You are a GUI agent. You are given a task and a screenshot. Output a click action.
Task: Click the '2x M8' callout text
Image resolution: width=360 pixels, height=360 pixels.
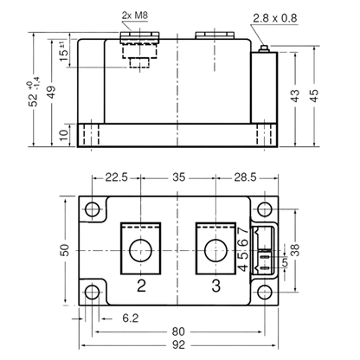(x=135, y=16)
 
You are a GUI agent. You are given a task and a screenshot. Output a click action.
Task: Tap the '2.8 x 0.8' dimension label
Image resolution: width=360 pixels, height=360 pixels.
(x=275, y=18)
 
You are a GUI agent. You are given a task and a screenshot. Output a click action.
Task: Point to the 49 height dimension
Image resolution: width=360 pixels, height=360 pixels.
(x=51, y=93)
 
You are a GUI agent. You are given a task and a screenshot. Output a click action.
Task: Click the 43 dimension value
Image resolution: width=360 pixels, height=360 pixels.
(x=295, y=96)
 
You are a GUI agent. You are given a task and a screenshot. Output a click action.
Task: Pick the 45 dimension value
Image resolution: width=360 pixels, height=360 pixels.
(x=314, y=95)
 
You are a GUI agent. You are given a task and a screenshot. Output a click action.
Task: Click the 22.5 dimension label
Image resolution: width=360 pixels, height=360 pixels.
(x=116, y=177)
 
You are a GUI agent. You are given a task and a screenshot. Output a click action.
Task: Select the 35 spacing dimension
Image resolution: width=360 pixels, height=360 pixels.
(x=178, y=177)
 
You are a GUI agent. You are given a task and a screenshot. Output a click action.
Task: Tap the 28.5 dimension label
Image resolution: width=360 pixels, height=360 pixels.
(x=245, y=177)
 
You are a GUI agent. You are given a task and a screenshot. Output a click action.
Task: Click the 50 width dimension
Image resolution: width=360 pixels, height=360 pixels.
(x=65, y=250)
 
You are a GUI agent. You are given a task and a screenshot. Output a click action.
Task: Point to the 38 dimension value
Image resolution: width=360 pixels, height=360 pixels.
(x=295, y=250)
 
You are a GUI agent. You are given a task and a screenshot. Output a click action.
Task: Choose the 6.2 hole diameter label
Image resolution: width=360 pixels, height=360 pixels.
(x=131, y=318)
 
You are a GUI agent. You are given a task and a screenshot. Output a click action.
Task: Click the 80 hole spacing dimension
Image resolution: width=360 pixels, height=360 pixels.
(x=178, y=331)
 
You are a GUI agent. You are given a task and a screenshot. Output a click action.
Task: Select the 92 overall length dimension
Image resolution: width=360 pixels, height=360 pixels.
(x=178, y=344)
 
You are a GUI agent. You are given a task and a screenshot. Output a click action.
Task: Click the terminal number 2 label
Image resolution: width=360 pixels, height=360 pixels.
(x=141, y=286)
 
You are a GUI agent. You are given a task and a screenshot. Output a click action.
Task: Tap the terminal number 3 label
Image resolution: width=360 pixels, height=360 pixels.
(x=215, y=286)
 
